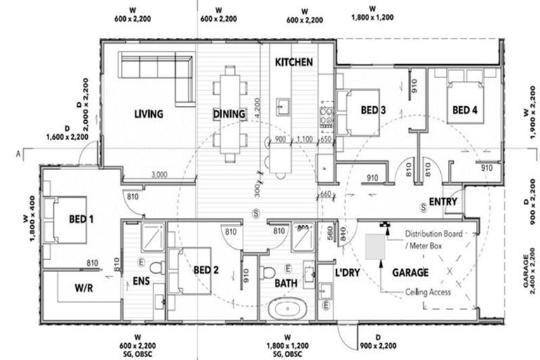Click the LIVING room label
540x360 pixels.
coord(148,114)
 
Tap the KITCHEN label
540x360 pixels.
coord(294,63)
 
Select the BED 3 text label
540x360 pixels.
coord(373,110)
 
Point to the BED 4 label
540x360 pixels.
coord(465,110)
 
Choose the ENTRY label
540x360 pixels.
coord(443,202)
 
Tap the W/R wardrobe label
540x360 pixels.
coord(85,288)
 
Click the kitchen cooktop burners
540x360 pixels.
coord(326,115)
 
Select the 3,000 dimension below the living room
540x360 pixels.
coord(159,174)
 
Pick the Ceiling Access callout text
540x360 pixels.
coord(427,292)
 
